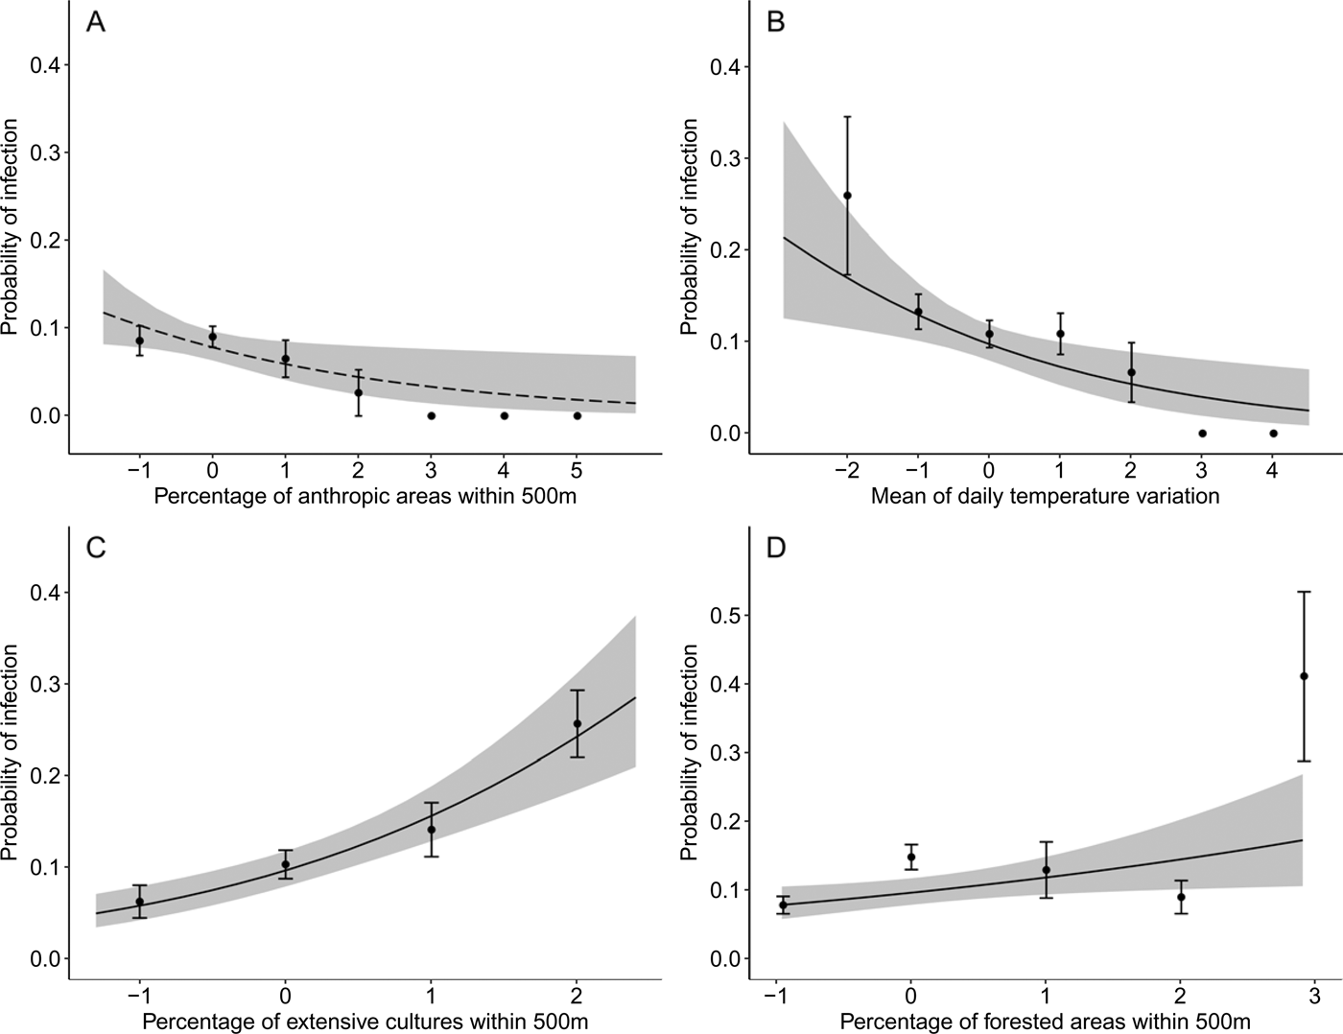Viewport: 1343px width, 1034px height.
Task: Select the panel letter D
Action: [777, 548]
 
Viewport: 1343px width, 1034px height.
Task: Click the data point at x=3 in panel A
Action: [432, 415]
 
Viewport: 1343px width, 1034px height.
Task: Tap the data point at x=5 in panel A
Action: [577, 415]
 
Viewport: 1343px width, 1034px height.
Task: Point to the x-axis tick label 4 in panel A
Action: [504, 471]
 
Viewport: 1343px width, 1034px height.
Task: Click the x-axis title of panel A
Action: [365, 496]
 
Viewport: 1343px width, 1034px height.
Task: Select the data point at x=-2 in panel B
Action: [847, 196]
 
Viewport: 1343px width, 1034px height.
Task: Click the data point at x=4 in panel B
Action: [1273, 434]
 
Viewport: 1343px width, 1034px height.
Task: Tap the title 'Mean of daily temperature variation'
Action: [1045, 496]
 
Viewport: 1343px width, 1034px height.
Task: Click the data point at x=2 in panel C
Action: [577, 723]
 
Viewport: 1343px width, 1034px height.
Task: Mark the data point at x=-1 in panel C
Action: [140, 902]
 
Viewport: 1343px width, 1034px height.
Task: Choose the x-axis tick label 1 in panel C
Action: [431, 996]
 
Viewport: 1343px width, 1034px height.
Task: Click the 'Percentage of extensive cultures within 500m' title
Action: [365, 1022]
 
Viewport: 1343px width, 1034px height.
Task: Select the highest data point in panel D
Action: [1304, 676]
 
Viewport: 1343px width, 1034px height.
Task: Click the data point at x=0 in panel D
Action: [911, 858]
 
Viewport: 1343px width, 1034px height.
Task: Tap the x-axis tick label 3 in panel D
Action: [1315, 996]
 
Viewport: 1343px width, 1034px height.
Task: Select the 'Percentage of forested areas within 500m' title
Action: [1045, 1022]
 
